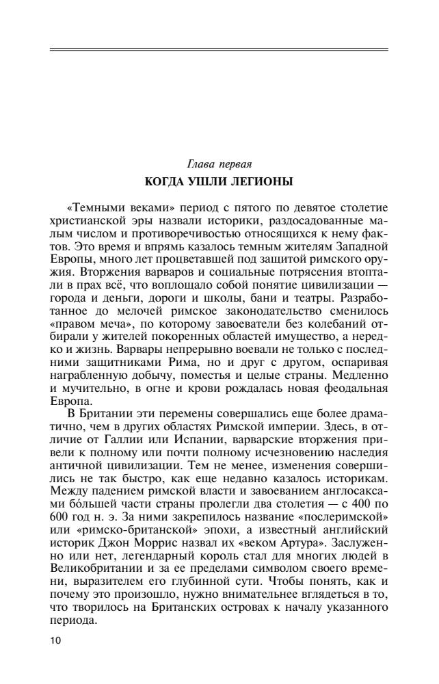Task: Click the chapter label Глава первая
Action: pyautogui.click(x=219, y=164)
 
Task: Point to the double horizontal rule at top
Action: pyautogui.click(x=219, y=49)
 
